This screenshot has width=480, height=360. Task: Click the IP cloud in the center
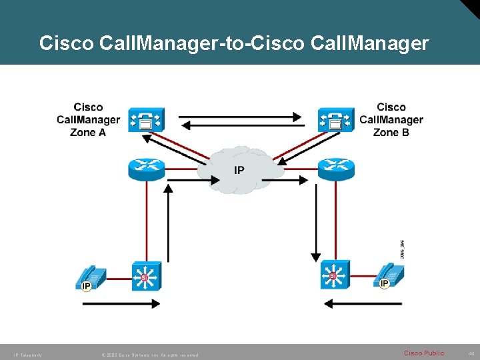tap(239, 170)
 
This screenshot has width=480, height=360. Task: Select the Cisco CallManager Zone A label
tap(88, 119)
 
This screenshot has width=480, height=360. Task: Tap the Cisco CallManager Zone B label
tap(391, 119)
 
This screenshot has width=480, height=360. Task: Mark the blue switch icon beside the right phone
tap(333, 275)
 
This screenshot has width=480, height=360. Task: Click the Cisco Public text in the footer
tap(424, 353)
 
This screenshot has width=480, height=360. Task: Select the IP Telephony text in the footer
tap(27, 355)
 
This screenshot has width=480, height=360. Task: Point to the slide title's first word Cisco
tap(66, 44)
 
